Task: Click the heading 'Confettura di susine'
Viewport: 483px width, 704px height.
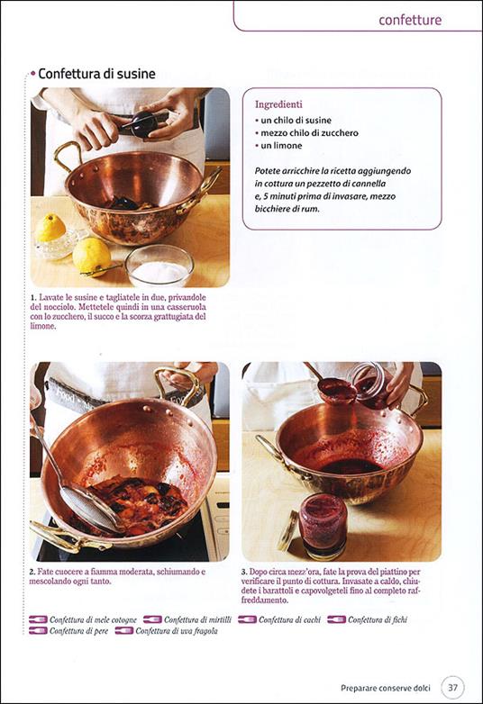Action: (96, 74)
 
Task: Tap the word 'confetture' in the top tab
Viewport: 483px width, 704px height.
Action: (411, 20)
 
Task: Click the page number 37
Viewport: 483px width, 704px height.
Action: (454, 688)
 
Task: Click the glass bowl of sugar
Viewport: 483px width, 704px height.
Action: (159, 267)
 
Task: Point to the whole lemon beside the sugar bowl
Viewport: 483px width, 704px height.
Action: (91, 255)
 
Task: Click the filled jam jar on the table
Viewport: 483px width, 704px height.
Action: (323, 524)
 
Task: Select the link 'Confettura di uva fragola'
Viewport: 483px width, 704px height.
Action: (176, 630)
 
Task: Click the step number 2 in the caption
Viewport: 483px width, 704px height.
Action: (33, 572)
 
